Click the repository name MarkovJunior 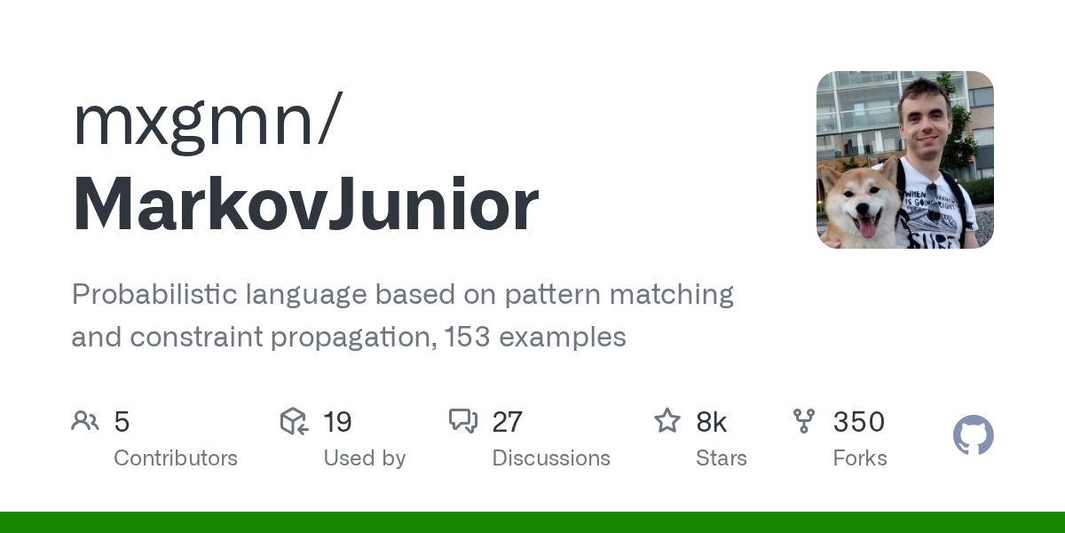pyautogui.click(x=305, y=204)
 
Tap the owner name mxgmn pyautogui.click(x=193, y=123)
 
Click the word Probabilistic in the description pyautogui.click(x=154, y=295)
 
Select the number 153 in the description pyautogui.click(x=467, y=337)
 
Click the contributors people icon pyautogui.click(x=85, y=421)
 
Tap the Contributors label pyautogui.click(x=176, y=458)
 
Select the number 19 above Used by pyautogui.click(x=337, y=422)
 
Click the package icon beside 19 pyautogui.click(x=294, y=421)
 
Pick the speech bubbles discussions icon pyautogui.click(x=463, y=421)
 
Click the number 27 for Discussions pyautogui.click(x=508, y=422)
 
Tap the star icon pyautogui.click(x=667, y=421)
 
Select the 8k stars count pyautogui.click(x=711, y=422)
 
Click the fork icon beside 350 pyautogui.click(x=804, y=421)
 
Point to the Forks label pyautogui.click(x=860, y=458)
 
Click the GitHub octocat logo pyautogui.click(x=974, y=435)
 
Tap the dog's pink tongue pyautogui.click(x=867, y=227)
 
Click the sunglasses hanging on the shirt pyautogui.click(x=933, y=203)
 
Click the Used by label pyautogui.click(x=365, y=458)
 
